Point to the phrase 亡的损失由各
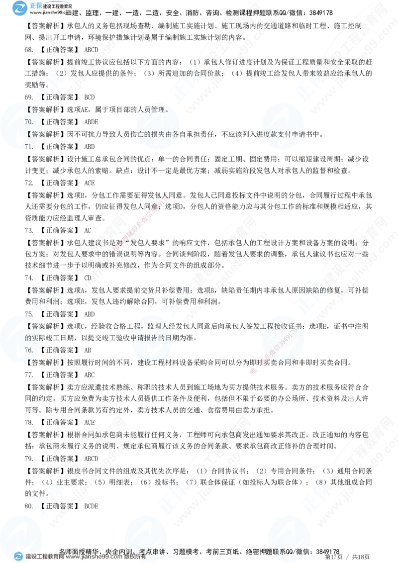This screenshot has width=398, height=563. click(x=157, y=134)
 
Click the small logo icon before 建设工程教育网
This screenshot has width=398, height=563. click(x=19, y=557)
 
